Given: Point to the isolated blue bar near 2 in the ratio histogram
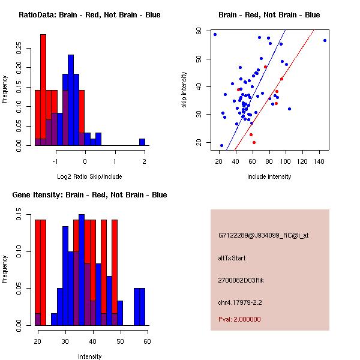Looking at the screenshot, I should (x=142, y=142).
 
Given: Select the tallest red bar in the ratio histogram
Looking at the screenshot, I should (x=43, y=90).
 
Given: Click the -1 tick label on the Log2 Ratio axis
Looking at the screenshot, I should (x=56, y=161).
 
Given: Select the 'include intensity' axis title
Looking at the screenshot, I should (x=269, y=176).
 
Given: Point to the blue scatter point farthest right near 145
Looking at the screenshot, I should (x=325, y=40).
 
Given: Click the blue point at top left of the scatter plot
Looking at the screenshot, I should (x=215, y=34).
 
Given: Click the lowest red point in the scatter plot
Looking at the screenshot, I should (x=254, y=142).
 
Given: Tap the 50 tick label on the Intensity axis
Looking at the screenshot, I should (x=120, y=341).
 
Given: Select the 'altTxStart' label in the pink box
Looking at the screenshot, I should (x=232, y=258).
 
